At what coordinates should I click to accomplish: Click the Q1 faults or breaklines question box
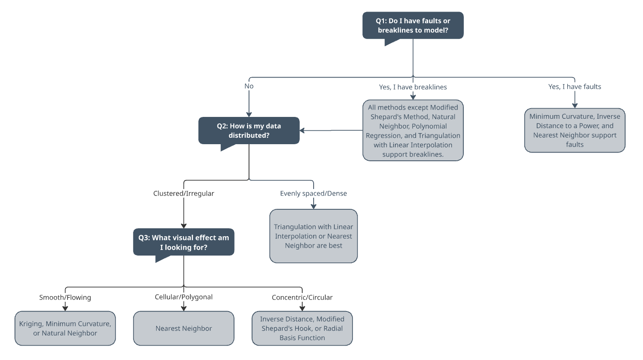[412, 25]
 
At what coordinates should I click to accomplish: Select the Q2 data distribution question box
[249, 130]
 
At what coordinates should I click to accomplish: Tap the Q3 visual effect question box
[183, 242]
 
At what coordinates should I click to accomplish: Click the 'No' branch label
[249, 86]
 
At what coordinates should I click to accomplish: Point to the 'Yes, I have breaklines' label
[413, 86]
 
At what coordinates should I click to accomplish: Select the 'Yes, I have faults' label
[575, 86]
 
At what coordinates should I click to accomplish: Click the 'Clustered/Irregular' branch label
[183, 193]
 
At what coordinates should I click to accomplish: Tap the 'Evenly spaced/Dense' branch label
[313, 193]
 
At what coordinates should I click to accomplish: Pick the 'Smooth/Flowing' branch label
[65, 297]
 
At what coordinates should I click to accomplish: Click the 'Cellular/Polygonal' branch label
[183, 297]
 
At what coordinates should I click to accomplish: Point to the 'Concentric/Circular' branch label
[302, 297]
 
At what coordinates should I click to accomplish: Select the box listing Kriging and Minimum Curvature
[65, 328]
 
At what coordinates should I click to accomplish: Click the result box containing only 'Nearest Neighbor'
[183, 328]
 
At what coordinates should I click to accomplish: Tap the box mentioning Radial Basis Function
[302, 328]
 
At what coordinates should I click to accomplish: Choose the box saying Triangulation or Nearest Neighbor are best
[313, 236]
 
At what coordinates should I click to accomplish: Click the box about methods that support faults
[575, 130]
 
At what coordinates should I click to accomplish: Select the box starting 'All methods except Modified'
[413, 130]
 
